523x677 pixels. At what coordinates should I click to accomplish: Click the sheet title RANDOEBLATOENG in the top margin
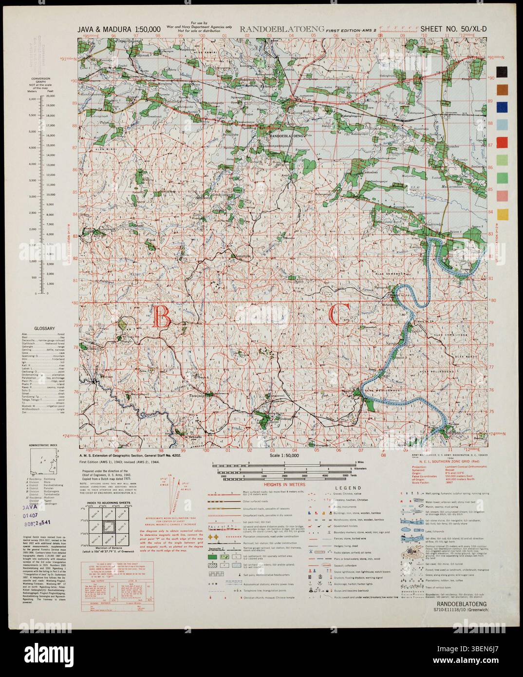(282, 30)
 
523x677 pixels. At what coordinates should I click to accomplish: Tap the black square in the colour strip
(502, 72)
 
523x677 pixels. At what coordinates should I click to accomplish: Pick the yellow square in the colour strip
(502, 213)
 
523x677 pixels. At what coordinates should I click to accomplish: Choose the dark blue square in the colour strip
(502, 107)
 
